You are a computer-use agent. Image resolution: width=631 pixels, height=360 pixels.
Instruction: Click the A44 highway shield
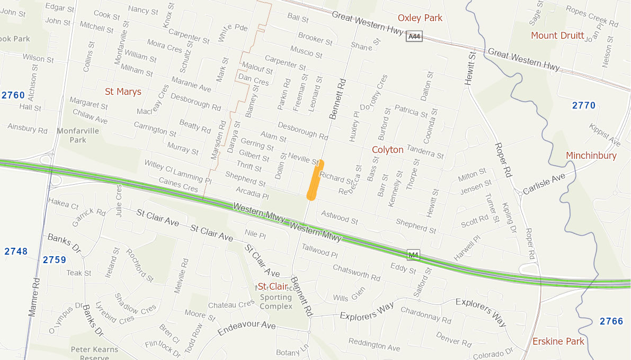pyautogui.click(x=414, y=37)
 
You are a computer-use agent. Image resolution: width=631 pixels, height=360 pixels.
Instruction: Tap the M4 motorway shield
pyautogui.click(x=414, y=256)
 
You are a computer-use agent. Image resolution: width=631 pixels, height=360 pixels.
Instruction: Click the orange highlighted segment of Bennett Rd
pyautogui.click(x=315, y=180)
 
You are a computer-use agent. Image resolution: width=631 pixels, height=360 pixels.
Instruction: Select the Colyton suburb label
pyautogui.click(x=387, y=150)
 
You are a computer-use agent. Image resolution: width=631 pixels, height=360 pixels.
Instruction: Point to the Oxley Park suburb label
pyautogui.click(x=420, y=18)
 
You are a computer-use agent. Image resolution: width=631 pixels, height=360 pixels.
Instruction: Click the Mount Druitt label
pyautogui.click(x=557, y=35)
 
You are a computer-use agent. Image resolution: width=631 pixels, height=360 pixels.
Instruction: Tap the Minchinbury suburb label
pyautogui.click(x=591, y=156)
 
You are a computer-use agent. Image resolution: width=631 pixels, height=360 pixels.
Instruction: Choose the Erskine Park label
pyautogui.click(x=558, y=341)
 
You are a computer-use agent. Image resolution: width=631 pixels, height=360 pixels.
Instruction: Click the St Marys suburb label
pyautogui.click(x=123, y=92)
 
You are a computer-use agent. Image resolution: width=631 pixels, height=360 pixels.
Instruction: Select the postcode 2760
pyautogui.click(x=13, y=95)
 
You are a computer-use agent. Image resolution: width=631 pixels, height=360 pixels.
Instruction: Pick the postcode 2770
pyautogui.click(x=584, y=105)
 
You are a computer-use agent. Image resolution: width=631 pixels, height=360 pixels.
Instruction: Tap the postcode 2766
pyautogui.click(x=611, y=321)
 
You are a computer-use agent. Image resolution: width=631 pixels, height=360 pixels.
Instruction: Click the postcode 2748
pyautogui.click(x=16, y=251)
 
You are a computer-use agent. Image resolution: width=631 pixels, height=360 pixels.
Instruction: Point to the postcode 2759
pyautogui.click(x=54, y=259)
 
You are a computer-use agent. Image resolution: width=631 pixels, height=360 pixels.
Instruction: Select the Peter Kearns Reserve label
pyautogui.click(x=94, y=354)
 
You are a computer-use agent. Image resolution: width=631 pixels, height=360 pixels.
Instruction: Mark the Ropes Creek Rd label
pyautogui.click(x=592, y=16)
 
